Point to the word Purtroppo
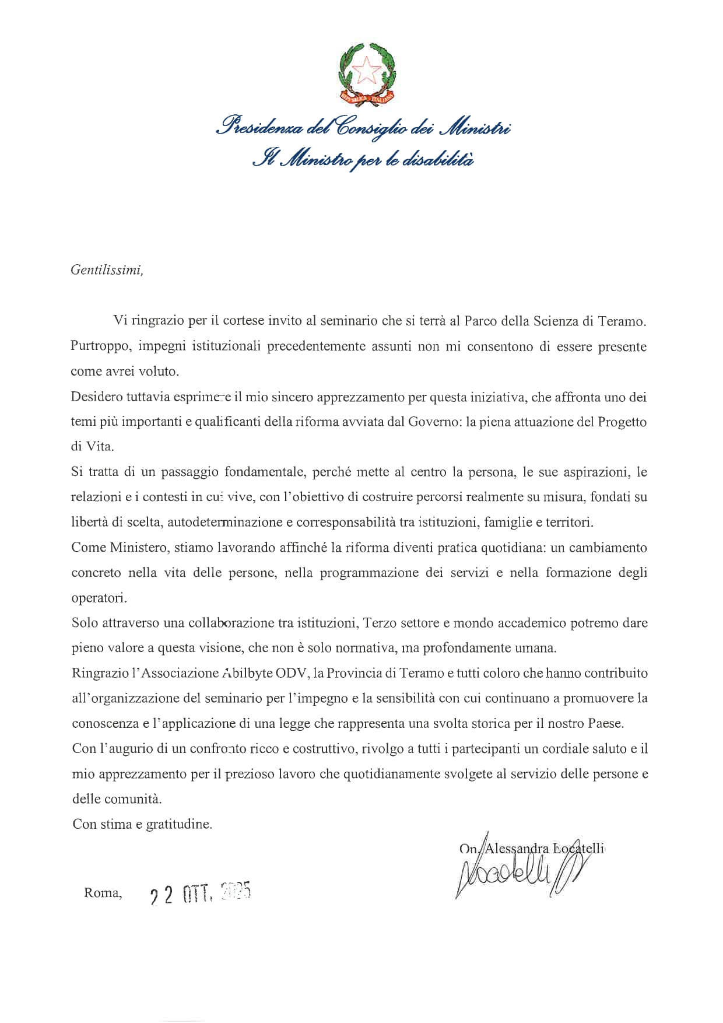point(96,346)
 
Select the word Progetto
point(622,422)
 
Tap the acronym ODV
point(294,673)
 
